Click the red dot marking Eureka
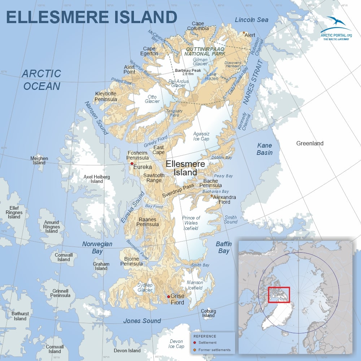(132, 164)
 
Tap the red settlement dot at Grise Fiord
(169, 297)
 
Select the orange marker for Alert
(244, 32)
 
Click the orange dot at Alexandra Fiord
(212, 196)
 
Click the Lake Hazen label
(212, 77)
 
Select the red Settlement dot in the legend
(195, 343)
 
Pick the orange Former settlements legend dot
(195, 350)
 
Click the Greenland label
(310, 143)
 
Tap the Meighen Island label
(39, 161)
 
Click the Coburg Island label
(208, 313)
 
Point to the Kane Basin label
(265, 149)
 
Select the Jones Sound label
(142, 321)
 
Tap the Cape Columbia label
(200, 26)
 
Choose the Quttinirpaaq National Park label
(205, 51)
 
